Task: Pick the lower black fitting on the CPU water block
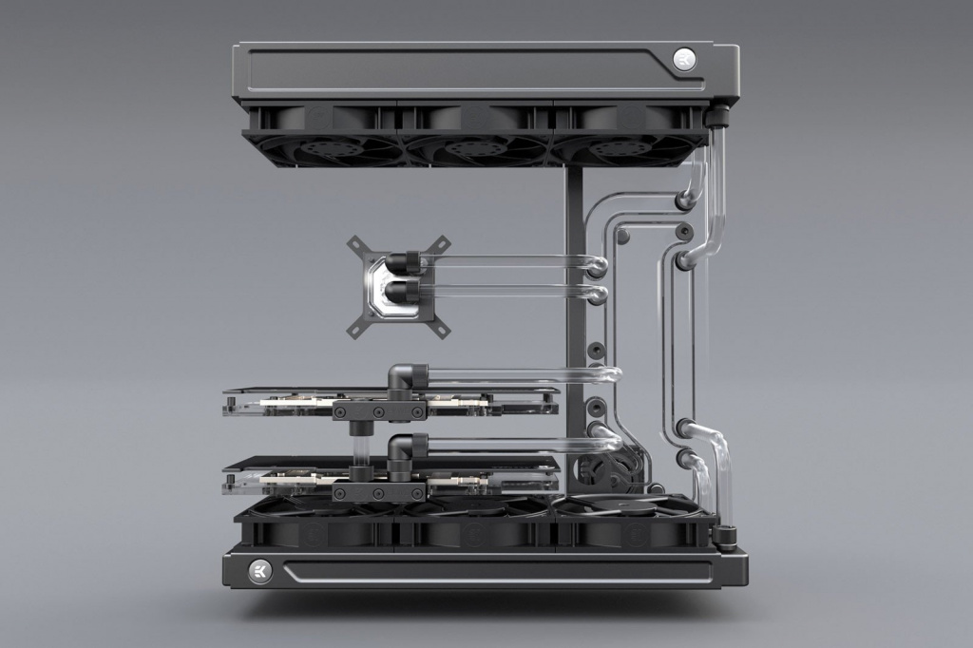tap(406, 291)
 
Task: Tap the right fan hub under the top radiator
tap(627, 147)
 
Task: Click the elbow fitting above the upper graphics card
tap(408, 377)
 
